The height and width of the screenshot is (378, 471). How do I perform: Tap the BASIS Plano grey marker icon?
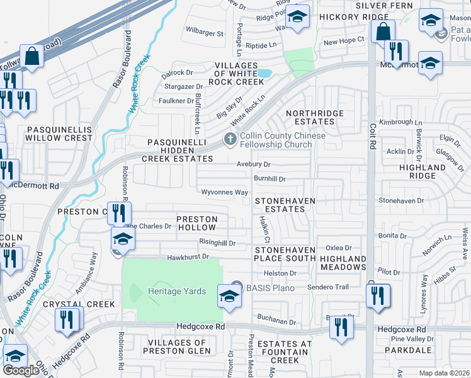(237, 286)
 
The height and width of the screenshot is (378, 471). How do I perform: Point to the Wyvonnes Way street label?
(224, 192)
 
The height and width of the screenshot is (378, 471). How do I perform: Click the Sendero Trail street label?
(328, 287)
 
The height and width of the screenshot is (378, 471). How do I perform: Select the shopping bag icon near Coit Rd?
(382, 30)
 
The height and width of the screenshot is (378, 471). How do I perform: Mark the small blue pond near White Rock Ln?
(264, 74)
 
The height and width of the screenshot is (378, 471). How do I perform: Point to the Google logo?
(21, 370)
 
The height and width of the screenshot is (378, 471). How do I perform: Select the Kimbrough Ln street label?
(400, 122)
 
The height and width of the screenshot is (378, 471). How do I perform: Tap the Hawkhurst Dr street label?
(188, 258)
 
